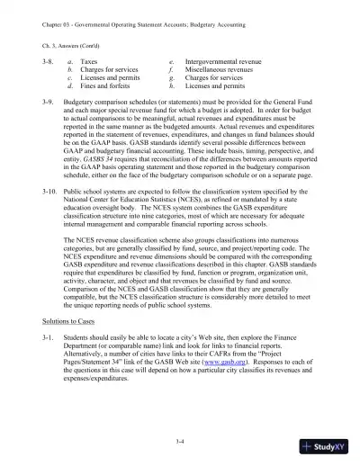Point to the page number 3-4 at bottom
(180, 438)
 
